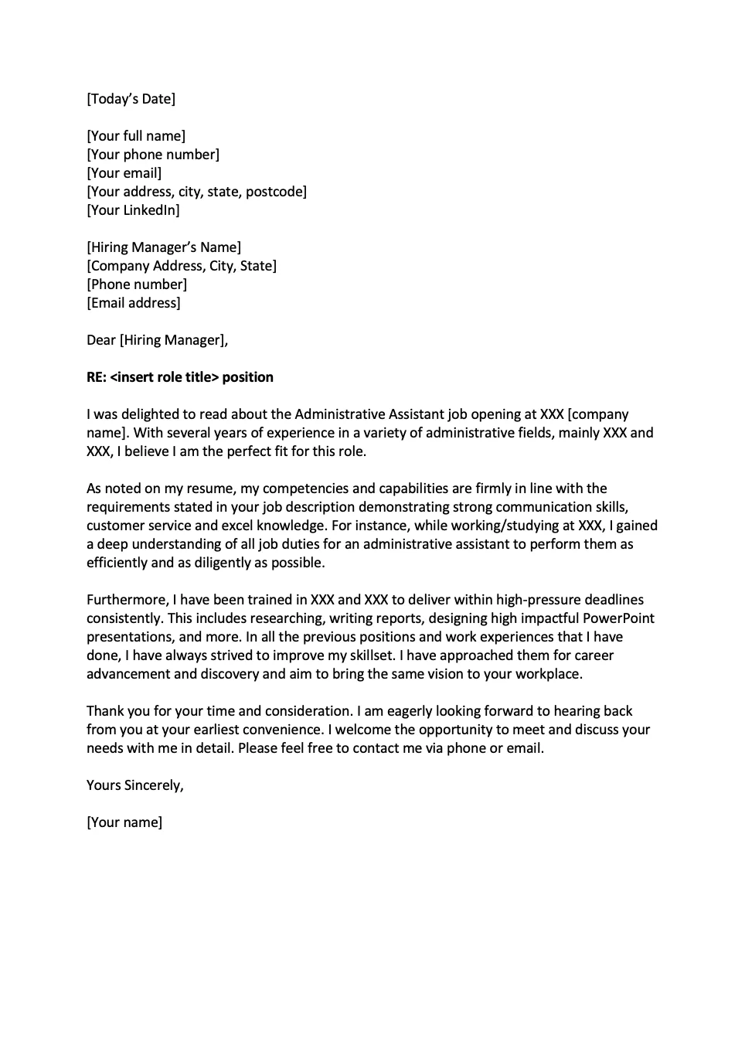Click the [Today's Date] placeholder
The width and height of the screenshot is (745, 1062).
pos(131,99)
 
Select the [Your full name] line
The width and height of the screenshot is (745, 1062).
pos(136,136)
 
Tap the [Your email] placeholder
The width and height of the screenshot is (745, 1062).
pos(124,173)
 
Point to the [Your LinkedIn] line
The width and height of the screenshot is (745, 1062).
pos(133,210)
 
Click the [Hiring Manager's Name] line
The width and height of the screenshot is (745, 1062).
pos(164,247)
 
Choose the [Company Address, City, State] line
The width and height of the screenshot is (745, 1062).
pos(182,266)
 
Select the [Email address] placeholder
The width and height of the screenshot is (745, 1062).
pos(134,303)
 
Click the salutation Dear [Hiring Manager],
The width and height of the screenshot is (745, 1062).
pos(157,340)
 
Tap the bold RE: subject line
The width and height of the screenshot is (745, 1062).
pos(180,377)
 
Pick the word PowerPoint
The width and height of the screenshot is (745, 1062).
pos(618,618)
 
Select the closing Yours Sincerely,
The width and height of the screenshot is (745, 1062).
pos(135,785)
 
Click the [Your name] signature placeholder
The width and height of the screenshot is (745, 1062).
pos(124,822)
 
